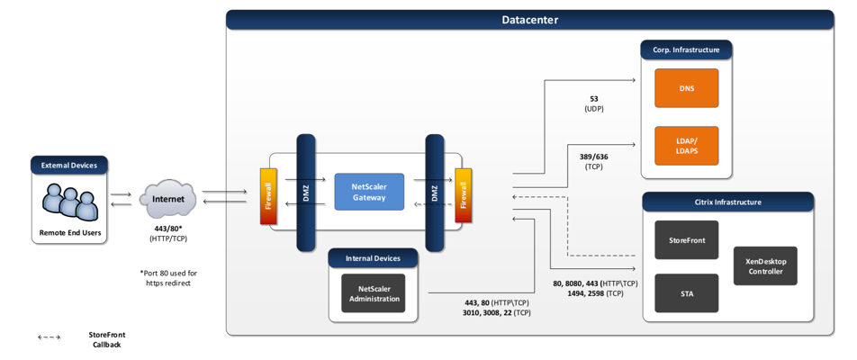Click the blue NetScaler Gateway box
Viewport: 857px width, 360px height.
[x=369, y=192]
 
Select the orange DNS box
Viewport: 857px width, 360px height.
[x=686, y=88]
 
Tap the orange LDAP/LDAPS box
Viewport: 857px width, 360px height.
[x=686, y=146]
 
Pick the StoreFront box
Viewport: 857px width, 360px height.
[x=686, y=240]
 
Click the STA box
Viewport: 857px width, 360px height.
[x=686, y=293]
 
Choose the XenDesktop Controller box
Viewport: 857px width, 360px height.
[x=765, y=266]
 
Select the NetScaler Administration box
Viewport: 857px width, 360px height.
[x=373, y=293]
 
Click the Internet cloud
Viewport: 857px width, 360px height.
[x=168, y=199]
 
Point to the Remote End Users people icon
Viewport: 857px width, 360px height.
[x=70, y=202]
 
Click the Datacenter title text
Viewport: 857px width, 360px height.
[x=529, y=20]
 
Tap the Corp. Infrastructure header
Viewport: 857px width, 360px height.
[x=686, y=49]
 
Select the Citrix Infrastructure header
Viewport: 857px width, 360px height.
[x=727, y=202]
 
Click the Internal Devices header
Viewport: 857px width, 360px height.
[x=373, y=258]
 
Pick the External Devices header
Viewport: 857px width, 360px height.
[x=69, y=165]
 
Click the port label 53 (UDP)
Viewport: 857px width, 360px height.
[x=593, y=103]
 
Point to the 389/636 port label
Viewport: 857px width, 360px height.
[x=593, y=161]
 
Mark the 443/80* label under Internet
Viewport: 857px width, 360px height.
[x=168, y=233]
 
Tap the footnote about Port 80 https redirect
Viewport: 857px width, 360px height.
[x=168, y=277]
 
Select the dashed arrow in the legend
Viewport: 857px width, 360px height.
[x=49, y=337]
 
